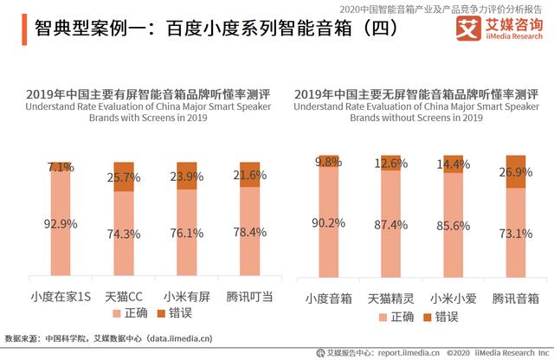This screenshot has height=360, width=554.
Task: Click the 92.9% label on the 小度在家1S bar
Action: pos(61,224)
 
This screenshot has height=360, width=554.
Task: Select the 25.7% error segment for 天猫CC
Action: pos(124,177)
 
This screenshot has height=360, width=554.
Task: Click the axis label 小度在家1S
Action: pos(61,297)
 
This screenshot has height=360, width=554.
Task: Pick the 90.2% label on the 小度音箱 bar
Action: pos(327,224)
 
